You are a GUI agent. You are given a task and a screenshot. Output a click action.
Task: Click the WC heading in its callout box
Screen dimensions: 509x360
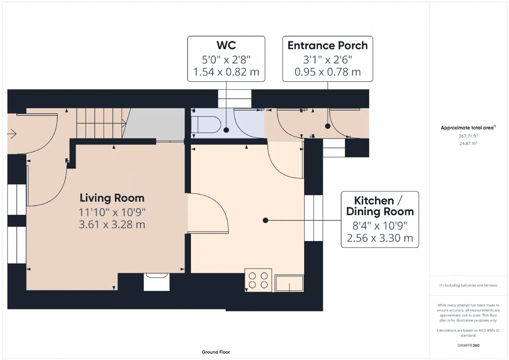(226, 45)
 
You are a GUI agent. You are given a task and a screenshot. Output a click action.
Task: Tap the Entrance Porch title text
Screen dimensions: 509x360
(327, 45)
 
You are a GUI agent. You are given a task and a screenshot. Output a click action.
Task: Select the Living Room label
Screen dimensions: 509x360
(112, 198)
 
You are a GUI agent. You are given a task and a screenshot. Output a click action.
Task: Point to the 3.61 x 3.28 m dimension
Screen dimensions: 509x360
(112, 224)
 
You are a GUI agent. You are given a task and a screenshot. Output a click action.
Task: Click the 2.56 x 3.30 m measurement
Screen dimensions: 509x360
(380, 238)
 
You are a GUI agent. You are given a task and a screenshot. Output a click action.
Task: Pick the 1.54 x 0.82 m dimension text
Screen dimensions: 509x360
(226, 72)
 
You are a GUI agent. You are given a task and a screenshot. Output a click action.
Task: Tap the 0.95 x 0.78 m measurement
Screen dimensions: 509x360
(327, 72)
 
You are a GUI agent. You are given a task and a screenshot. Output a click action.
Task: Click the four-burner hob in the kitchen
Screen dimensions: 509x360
(258, 280)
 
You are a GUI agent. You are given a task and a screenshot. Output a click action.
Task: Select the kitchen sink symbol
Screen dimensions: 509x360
(289, 283)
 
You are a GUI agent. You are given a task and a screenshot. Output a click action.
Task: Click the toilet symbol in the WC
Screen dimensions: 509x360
(206, 125)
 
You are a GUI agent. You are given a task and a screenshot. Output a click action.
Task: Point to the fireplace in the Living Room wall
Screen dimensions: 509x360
(157, 282)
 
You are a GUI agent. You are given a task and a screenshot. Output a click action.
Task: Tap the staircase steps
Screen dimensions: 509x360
(101, 123)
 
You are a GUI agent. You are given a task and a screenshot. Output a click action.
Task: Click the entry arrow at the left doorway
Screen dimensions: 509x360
(12, 134)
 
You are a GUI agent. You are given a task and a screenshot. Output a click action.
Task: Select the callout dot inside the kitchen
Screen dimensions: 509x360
(265, 220)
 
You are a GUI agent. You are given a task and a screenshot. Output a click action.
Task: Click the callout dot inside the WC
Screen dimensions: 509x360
(226, 130)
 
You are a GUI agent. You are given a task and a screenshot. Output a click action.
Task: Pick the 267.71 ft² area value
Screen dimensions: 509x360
(468, 136)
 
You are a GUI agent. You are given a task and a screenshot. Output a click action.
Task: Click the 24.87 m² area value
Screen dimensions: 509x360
(468, 143)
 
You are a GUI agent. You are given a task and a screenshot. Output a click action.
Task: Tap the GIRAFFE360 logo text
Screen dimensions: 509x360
(468, 345)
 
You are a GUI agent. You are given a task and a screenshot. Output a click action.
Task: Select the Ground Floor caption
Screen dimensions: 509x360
(216, 352)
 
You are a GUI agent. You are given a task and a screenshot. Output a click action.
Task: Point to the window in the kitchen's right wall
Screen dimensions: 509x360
(313, 218)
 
